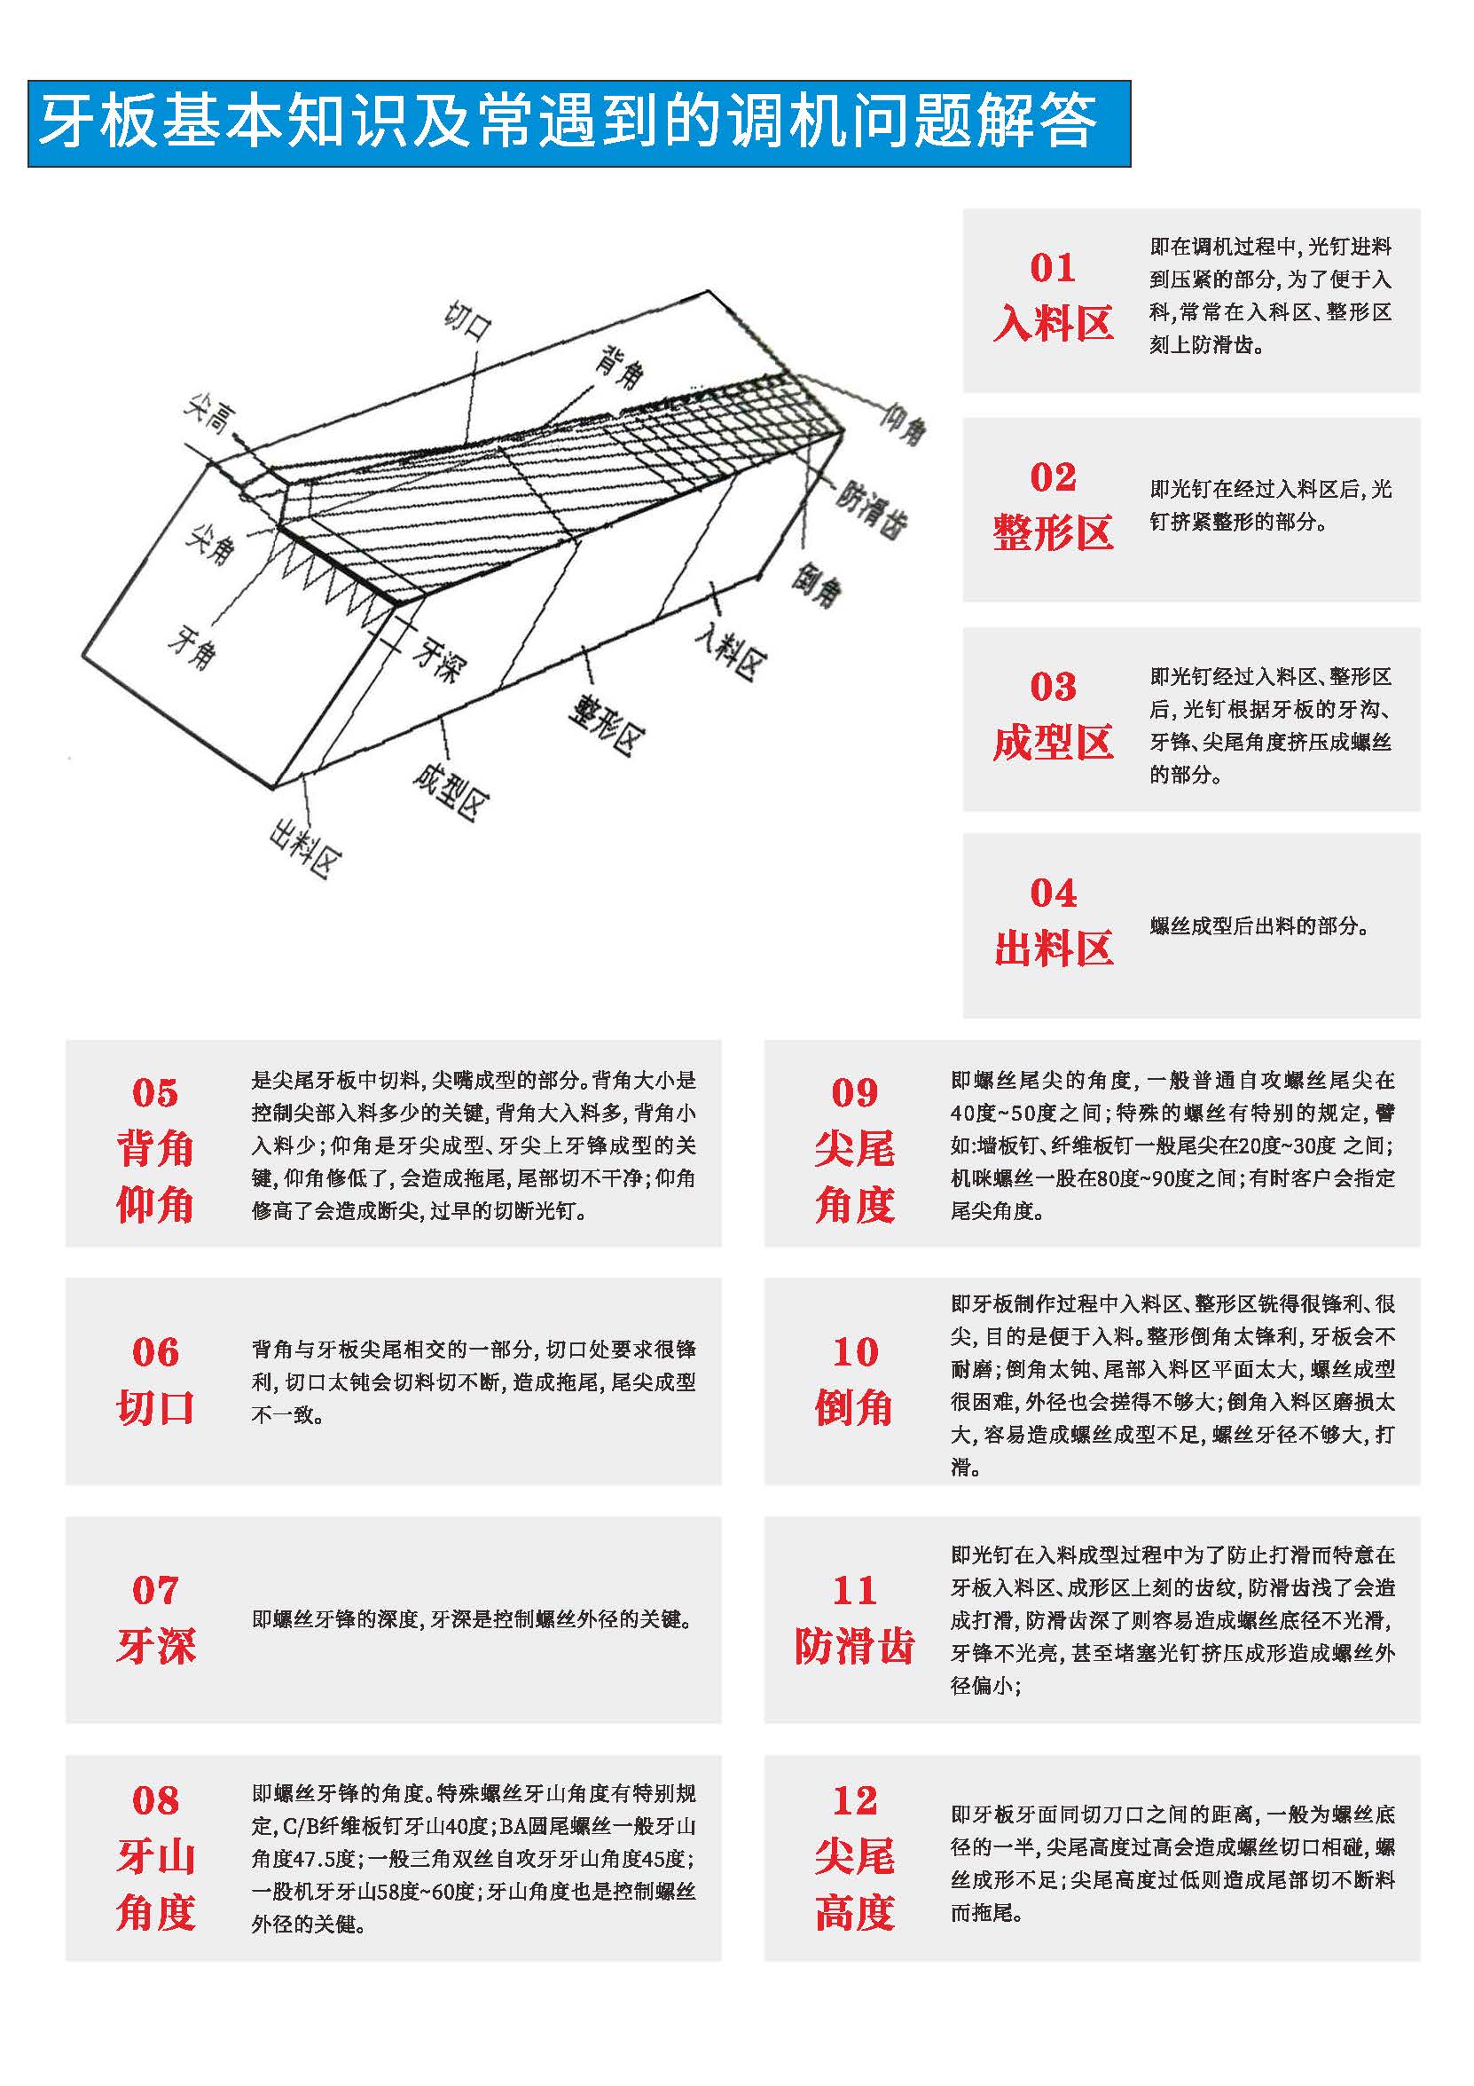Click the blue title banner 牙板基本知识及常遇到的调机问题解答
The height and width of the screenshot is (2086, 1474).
coord(578,123)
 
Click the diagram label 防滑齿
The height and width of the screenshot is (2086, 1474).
coord(870,509)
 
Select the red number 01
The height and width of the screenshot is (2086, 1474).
coord(1053,267)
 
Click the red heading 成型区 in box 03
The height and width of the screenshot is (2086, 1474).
coord(1053,743)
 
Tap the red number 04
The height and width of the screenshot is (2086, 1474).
coord(1053,893)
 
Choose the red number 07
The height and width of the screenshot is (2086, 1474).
coord(155,1589)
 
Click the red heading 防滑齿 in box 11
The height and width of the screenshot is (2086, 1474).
coord(854,1645)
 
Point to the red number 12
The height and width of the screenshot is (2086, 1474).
coord(854,1799)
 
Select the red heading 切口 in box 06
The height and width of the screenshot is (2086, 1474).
coord(155,1407)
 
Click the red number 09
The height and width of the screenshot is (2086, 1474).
coord(854,1092)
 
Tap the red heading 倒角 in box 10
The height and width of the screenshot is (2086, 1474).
coord(854,1407)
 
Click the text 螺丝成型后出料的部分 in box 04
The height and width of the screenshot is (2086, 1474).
coord(1258,925)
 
